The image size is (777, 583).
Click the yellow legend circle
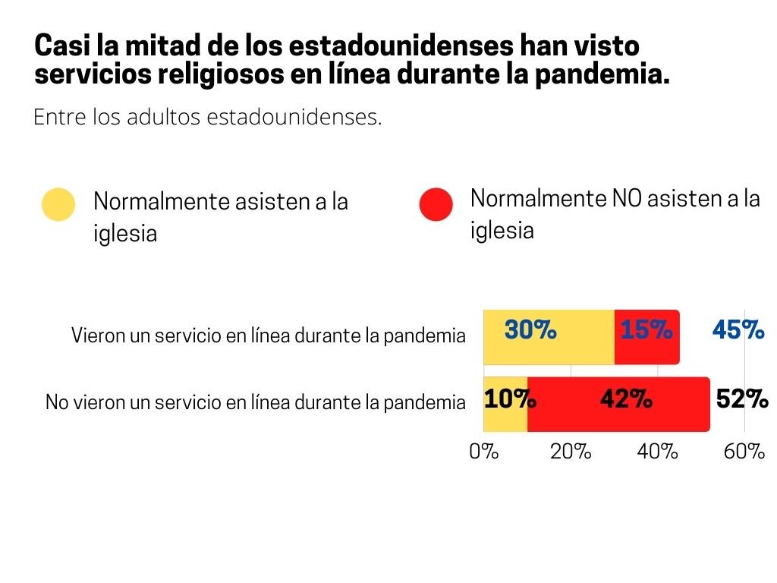click(x=58, y=204)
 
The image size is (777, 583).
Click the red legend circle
click(x=436, y=204)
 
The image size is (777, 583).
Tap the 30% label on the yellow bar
click(x=530, y=331)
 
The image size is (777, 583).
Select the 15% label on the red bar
click(x=646, y=331)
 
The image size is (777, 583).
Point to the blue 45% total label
click(x=738, y=330)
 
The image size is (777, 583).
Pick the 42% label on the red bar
click(x=625, y=399)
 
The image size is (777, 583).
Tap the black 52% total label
click(x=742, y=399)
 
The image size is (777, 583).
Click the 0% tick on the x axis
click(x=484, y=452)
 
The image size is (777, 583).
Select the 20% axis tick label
click(x=571, y=452)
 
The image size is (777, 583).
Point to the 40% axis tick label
click(x=657, y=452)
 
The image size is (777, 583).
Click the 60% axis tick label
click(x=744, y=452)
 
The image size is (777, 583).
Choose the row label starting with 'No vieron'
click(x=255, y=402)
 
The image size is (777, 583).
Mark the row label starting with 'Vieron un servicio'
click(x=268, y=336)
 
